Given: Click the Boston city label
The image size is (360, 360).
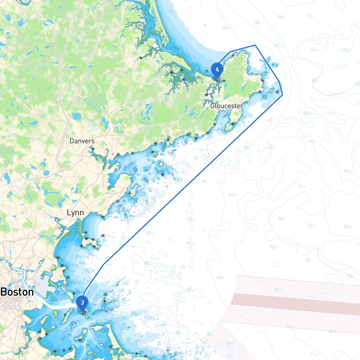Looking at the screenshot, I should coord(17,292).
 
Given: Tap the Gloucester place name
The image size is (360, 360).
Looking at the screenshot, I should coord(227,106).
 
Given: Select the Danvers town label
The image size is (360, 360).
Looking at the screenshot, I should coord(82,141).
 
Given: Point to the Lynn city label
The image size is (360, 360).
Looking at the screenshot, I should coord(75,213).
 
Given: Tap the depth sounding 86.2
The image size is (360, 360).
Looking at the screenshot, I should coord(281,17).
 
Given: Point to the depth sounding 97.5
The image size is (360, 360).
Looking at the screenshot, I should coord(348,227).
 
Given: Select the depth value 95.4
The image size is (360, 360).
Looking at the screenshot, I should coord(348,171).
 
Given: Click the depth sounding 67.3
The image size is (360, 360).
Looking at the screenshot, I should coord(233,195).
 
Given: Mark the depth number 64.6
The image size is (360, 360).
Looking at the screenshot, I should coord(221,278).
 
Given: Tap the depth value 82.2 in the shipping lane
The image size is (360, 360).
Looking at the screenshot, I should coord(279,290).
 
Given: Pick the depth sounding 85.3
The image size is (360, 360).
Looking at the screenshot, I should coord(332,331).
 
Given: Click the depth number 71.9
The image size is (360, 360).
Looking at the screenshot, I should coord(314,355).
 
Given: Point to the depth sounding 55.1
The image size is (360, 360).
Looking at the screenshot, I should coord(315,80).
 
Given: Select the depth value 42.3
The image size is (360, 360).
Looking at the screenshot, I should coord(314,49).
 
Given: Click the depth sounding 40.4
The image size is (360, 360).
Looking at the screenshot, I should coord(150,233).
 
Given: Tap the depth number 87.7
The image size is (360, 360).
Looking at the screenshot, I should coord(309,260).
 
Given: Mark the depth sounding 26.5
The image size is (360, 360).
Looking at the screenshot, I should coord(226,28).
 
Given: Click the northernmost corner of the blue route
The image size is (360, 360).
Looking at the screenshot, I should coord(255,45).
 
